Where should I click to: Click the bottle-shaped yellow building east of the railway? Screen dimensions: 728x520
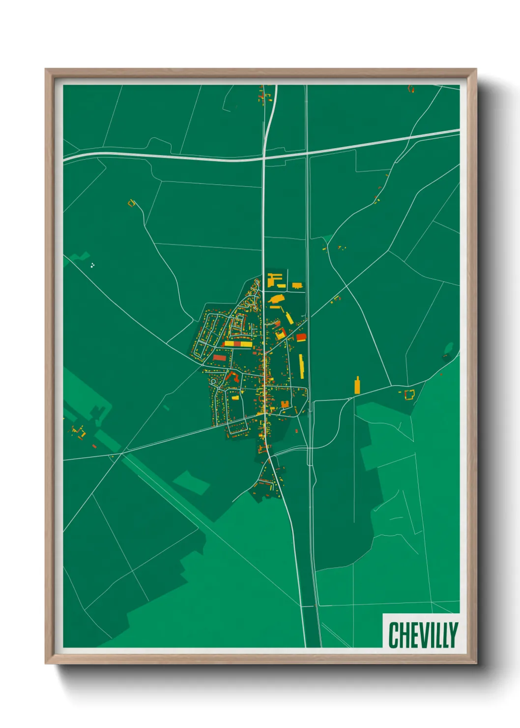[x=357, y=385]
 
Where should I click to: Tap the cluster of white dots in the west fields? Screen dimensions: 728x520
[x=92, y=266]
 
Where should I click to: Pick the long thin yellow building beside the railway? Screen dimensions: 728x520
[x=302, y=366]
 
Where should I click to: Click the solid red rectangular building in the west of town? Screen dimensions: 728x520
[x=220, y=357]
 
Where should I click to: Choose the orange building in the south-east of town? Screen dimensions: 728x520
[x=285, y=404]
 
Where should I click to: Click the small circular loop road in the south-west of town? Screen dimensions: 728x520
[x=213, y=382]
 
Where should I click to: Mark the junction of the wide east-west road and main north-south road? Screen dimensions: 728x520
[x=263, y=158]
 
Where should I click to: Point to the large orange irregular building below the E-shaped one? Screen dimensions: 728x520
[x=276, y=299]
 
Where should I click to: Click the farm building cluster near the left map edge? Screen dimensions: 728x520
[x=79, y=431]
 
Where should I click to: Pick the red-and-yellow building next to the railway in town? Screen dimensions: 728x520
[x=301, y=337]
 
